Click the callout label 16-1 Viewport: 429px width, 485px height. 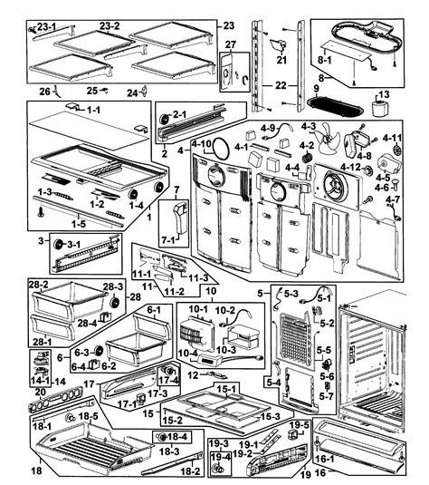pyautogui.click(x=325, y=460)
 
